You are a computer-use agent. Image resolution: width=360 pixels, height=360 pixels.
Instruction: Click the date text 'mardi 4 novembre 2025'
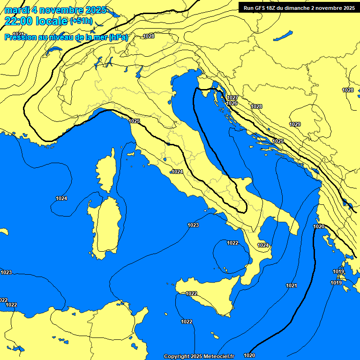tap(55, 10)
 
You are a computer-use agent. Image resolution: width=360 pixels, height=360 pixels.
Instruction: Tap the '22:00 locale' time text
tap(36, 21)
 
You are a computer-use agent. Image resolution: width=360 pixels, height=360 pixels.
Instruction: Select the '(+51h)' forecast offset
tap(81, 21)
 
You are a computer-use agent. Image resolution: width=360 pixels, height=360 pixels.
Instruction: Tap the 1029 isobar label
tap(295, 124)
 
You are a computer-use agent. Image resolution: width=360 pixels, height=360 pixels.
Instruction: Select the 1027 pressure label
tap(232, 97)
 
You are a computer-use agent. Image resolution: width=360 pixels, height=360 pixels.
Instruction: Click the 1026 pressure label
tap(232, 103)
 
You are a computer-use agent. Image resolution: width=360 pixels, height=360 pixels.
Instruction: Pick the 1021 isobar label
tap(291, 285)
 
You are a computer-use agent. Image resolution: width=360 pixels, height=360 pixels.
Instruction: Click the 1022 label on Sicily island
tap(191, 293)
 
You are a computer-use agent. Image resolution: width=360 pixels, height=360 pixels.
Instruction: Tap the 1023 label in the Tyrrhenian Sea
tap(193, 225)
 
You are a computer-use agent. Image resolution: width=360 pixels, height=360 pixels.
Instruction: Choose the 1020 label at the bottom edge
tap(249, 356)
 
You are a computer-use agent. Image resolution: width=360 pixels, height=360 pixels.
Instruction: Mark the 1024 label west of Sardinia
tap(61, 198)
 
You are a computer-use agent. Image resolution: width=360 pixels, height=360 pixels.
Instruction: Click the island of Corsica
tap(106, 172)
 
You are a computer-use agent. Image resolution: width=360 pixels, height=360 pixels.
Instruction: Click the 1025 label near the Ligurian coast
tap(135, 121)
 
